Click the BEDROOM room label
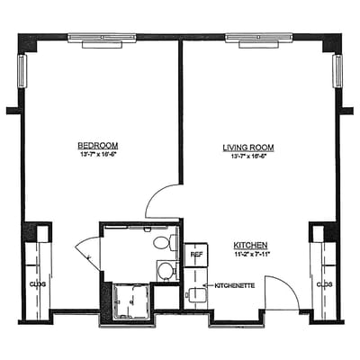pos(97,145)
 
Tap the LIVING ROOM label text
pos(247,147)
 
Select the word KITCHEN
pos(250,245)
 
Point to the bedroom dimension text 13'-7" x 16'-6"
pos(97,154)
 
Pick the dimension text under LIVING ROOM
pos(247,156)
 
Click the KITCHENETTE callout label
pos(235,286)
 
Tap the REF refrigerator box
pos(195,254)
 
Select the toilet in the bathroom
pos(163,242)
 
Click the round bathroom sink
pos(166,270)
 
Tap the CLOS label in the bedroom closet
pos(37,284)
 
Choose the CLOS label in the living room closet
pos(324,284)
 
